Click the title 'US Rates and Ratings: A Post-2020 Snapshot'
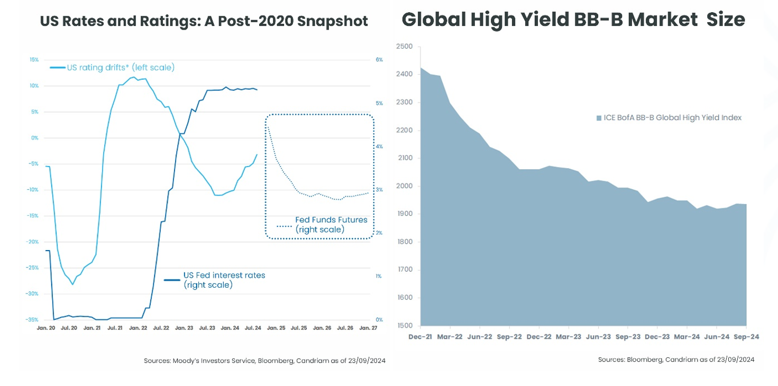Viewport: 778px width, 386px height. pyautogui.click(x=204, y=22)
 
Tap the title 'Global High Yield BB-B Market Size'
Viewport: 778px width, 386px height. pyautogui.click(x=573, y=20)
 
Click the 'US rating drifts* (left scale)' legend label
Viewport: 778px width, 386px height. pyautogui.click(x=120, y=68)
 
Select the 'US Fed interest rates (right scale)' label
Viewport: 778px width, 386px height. pyautogui.click(x=224, y=280)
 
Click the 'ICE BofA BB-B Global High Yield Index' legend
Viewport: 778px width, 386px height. pyautogui.click(x=672, y=118)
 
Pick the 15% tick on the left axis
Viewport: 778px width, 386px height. pyautogui.click(x=34, y=60)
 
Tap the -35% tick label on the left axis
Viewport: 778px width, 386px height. pyautogui.click(x=33, y=320)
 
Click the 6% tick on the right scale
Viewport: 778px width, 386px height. pyautogui.click(x=379, y=60)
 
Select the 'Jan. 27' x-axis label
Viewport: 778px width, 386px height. pyautogui.click(x=369, y=328)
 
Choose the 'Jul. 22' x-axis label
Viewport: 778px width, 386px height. pyautogui.click(x=161, y=328)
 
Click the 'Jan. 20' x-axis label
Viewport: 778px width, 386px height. pyautogui.click(x=46, y=328)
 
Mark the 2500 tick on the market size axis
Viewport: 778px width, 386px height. pyautogui.click(x=404, y=47)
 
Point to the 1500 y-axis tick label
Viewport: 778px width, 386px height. pyautogui.click(x=404, y=326)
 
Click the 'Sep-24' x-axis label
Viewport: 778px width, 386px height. pyautogui.click(x=746, y=336)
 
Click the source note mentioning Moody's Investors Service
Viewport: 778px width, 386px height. pyautogui.click(x=264, y=361)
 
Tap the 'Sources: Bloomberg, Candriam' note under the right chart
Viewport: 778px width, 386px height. pyautogui.click(x=676, y=360)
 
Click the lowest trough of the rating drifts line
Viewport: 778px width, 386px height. pyautogui.click(x=73, y=284)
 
